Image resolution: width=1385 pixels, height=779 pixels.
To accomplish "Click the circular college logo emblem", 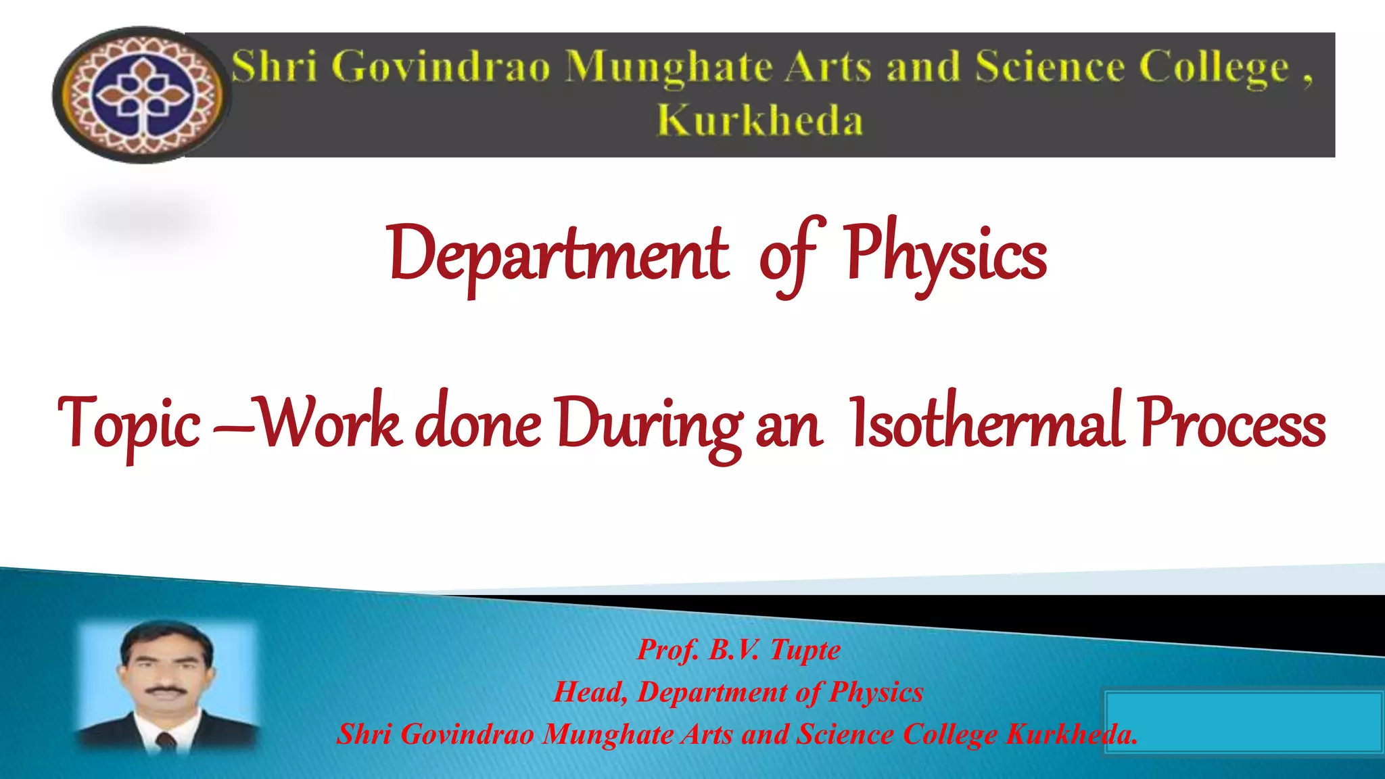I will click(x=142, y=95).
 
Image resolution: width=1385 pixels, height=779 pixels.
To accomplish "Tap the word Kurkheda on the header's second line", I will click(x=759, y=122).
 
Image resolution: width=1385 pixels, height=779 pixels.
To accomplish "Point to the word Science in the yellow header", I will click(x=1050, y=68).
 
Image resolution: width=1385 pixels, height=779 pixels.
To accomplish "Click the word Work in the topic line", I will click(x=331, y=423).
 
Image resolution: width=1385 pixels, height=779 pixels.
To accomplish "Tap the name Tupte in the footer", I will click(x=805, y=651).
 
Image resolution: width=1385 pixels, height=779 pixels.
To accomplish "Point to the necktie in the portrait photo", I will click(x=166, y=741).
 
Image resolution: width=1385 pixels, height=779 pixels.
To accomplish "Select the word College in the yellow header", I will click(x=1213, y=68).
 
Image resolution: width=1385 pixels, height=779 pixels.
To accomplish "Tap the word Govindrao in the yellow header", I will click(x=441, y=68).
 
